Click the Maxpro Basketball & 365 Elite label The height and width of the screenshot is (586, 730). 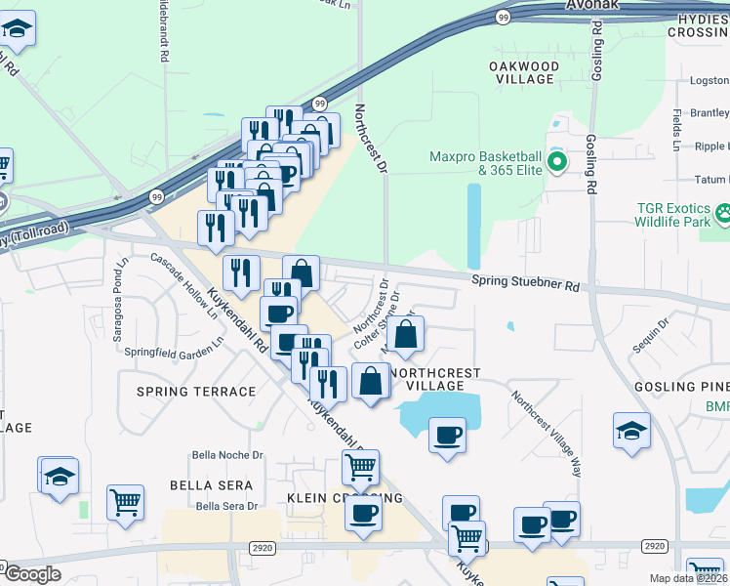click(486, 163)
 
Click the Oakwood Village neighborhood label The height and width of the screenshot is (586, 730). click(524, 72)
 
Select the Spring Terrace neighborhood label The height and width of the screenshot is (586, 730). click(196, 392)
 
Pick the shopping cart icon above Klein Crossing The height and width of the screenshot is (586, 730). click(360, 468)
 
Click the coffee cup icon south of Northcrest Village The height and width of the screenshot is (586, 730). click(448, 435)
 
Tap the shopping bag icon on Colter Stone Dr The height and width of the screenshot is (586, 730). click(405, 334)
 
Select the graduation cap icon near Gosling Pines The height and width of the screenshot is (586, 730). click(631, 430)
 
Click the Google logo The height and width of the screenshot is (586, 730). click(32, 574)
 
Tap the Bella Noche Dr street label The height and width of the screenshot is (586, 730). click(228, 455)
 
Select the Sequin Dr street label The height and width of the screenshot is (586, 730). click(651, 336)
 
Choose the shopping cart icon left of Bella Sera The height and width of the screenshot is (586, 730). click(125, 502)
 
